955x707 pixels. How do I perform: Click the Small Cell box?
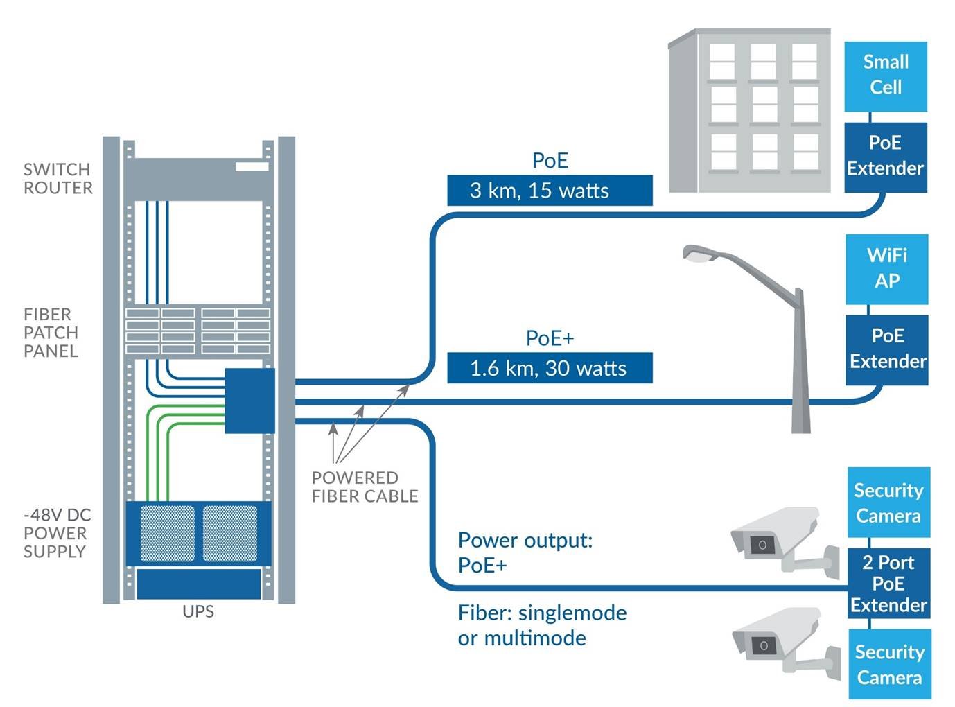[885, 75]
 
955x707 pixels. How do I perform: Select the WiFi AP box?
[886, 268]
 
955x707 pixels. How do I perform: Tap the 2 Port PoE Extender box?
[888, 584]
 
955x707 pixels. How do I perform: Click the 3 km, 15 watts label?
[550, 191]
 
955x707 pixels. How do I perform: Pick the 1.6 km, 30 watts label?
[550, 368]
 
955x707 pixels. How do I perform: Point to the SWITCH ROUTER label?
[58, 179]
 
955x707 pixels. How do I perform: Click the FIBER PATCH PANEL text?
[51, 333]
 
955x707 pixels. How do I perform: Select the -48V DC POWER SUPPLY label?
[57, 533]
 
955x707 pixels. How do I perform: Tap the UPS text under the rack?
[198, 611]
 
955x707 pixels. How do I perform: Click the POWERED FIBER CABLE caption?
[365, 487]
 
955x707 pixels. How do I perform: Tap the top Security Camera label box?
[888, 503]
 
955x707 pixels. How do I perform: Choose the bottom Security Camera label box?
[889, 664]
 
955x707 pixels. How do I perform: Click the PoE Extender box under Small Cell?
[885, 156]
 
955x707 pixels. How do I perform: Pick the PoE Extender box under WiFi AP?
[886, 349]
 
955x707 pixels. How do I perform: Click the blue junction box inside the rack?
[249, 401]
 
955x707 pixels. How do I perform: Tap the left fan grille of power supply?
[167, 533]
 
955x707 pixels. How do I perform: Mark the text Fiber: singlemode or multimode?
[542, 625]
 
